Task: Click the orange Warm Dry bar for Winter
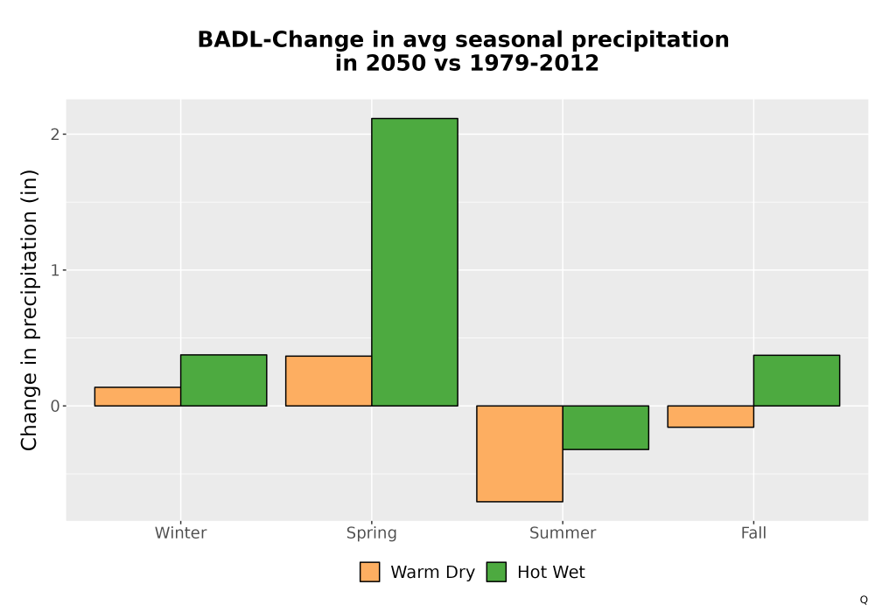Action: coord(138,396)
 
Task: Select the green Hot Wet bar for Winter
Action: coord(224,380)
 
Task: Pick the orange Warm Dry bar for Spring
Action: coord(329,380)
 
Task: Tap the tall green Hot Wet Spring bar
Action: coord(415,262)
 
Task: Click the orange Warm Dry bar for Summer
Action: coord(520,454)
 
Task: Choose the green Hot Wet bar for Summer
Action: coord(605,428)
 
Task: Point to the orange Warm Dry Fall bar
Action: coord(710,416)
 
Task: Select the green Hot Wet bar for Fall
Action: coord(796,380)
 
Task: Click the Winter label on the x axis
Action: coord(181,532)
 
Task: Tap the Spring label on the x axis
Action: coord(372,533)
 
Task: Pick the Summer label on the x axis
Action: coord(563,532)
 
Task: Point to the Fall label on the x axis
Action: coord(753,532)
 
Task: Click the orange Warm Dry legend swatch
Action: coord(369,572)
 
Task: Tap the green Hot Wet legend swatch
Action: coord(496,572)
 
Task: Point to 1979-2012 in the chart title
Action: coord(534,63)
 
